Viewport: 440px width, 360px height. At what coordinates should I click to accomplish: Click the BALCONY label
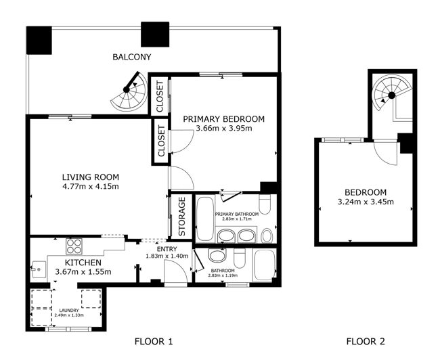coord(131,57)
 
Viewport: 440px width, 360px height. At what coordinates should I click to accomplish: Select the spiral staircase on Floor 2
coord(389,94)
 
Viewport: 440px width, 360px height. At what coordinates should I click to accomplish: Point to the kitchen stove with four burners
coord(74,246)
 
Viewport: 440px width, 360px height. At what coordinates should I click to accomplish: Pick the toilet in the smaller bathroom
coord(239,258)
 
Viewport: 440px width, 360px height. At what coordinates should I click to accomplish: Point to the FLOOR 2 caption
coord(365,342)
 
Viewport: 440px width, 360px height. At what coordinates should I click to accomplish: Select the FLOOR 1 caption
coord(154,342)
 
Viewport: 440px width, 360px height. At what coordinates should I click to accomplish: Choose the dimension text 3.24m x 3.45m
coord(365,202)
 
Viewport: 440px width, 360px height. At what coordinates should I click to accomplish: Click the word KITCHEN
coord(83,263)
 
